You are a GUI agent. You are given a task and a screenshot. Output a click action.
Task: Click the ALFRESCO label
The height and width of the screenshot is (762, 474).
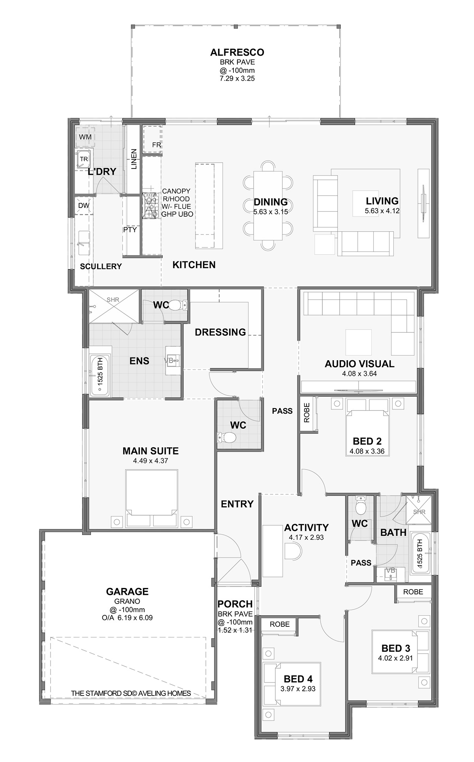coord(237,52)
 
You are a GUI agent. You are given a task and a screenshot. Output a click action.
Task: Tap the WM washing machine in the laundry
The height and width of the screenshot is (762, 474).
coord(85,137)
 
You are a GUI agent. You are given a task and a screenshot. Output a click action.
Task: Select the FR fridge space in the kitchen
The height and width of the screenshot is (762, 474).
coord(152,138)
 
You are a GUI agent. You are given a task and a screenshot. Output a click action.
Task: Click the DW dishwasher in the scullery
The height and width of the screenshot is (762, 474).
coord(83,206)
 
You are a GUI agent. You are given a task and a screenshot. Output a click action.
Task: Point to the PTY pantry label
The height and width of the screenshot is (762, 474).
coord(130,229)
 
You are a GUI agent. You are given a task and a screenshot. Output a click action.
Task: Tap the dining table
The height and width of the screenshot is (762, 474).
coord(268,205)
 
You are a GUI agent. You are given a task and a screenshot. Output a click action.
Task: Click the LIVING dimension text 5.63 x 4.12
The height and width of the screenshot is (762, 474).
coord(382,211)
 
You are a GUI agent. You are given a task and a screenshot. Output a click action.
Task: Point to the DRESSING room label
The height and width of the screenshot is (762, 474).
coord(220,332)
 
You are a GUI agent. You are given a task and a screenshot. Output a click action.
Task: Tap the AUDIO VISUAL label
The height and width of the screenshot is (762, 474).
coord(359,364)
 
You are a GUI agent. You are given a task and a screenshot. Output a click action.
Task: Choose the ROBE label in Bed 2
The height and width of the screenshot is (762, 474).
coord(308,412)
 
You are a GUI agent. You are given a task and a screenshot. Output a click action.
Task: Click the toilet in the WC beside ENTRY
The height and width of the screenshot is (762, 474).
coord(226,437)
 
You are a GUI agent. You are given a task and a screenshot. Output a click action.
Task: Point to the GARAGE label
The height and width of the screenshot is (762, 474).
coord(127,592)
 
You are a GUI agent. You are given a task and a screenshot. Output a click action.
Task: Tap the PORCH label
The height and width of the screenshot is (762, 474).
coord(235,604)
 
